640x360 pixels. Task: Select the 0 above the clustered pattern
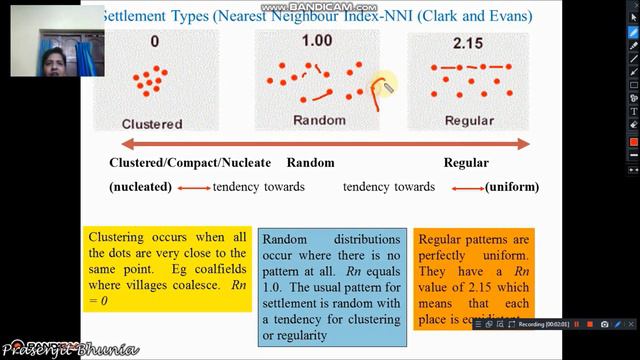point(155,42)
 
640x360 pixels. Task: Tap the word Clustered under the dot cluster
point(151,124)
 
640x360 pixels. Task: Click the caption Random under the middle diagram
point(319,120)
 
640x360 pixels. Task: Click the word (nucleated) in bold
point(140,187)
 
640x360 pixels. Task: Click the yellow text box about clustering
point(167,267)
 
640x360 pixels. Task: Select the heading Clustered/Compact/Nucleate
point(187,162)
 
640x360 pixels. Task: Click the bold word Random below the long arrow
point(310,162)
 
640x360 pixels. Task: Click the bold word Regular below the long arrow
point(466,162)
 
